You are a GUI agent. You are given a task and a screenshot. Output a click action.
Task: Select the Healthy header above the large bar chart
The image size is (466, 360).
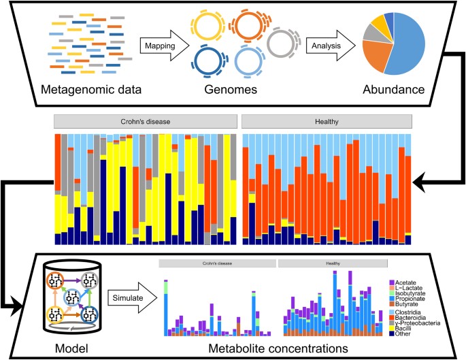coord(327,121)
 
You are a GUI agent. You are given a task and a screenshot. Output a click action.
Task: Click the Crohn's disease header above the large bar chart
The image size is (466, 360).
coord(146,121)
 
